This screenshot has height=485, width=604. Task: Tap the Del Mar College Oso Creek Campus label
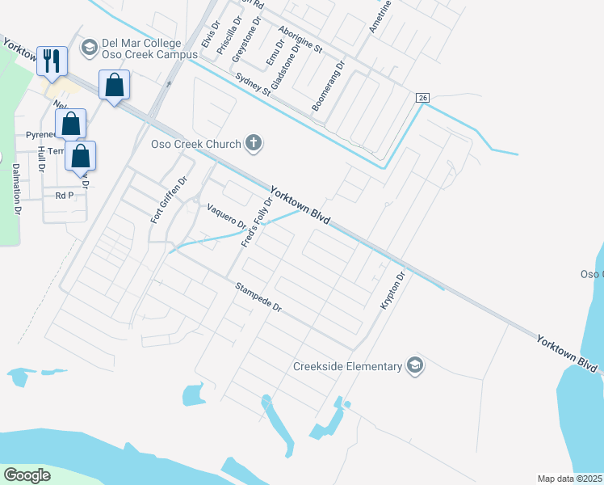149,49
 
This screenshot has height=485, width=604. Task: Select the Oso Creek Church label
196,145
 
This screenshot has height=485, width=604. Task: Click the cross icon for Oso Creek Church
254,144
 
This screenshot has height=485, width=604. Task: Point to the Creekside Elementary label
347,366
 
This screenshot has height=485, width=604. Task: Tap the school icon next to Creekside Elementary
415,366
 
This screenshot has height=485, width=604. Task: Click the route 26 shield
422,98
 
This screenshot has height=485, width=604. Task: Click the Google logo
27,474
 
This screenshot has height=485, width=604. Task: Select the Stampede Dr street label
258,297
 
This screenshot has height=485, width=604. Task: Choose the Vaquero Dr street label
226,216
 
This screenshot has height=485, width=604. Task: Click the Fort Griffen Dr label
169,200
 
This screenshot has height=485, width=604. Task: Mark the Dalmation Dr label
15,189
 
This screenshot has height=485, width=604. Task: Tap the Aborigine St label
300,39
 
